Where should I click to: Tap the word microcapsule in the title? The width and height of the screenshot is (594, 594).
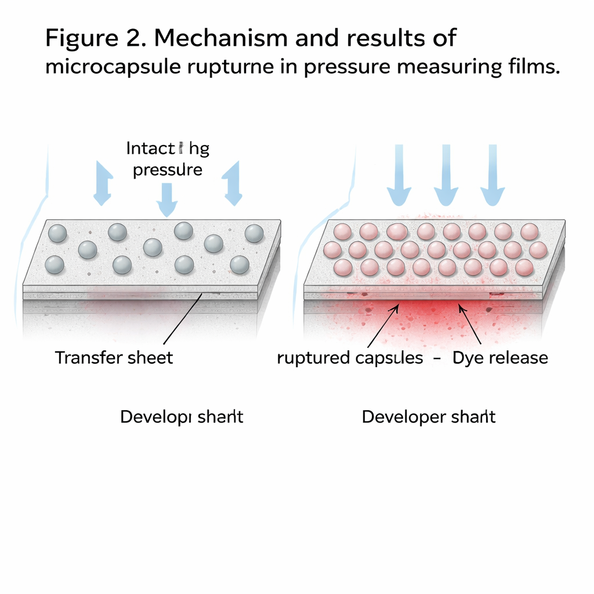[x=116, y=67]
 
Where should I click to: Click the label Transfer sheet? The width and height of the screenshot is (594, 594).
[x=114, y=357]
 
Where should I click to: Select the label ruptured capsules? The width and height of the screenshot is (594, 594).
[x=350, y=358]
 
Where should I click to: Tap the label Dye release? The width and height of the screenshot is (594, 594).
[x=500, y=357]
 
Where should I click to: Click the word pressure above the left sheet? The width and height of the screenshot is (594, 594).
[x=168, y=170]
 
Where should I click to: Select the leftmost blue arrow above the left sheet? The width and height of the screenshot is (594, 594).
[x=102, y=183]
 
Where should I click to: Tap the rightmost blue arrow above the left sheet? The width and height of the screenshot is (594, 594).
[x=233, y=183]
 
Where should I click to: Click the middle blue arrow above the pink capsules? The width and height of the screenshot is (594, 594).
[x=445, y=177]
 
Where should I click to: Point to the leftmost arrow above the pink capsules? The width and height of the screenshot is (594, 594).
[x=400, y=177]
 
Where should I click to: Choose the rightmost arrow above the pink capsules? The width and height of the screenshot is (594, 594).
[x=492, y=177]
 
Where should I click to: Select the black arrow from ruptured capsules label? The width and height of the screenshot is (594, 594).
[x=382, y=327]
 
